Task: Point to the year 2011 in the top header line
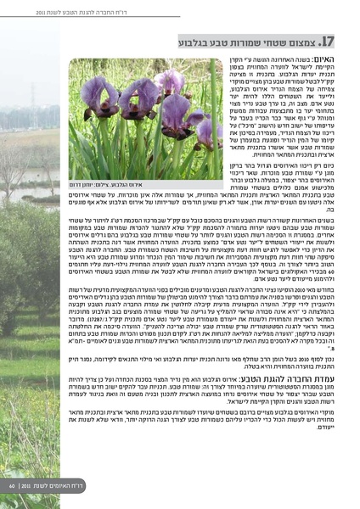pos(29,13)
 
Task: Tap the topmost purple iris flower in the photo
pos(170,79)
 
